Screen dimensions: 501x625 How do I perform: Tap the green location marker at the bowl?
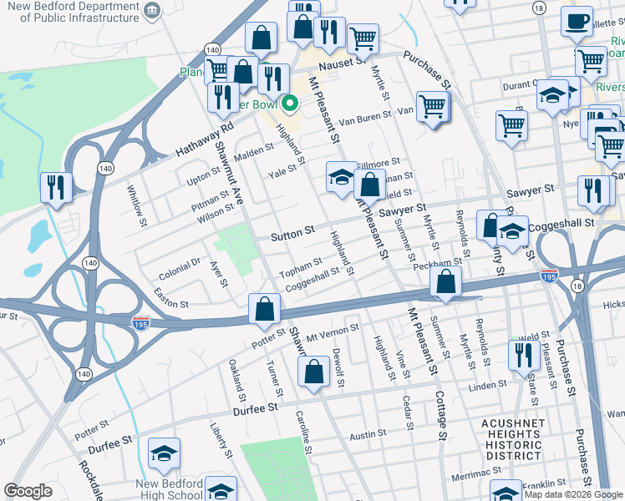click(290, 104)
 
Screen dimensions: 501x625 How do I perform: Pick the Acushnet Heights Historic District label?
click(511, 439)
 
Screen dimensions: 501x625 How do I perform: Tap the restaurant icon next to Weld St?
click(525, 357)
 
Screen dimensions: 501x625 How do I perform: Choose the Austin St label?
click(368, 435)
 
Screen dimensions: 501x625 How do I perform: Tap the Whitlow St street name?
click(136, 200)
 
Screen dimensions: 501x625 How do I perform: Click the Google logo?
click(28, 491)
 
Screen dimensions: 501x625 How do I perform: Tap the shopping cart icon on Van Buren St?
click(433, 107)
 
